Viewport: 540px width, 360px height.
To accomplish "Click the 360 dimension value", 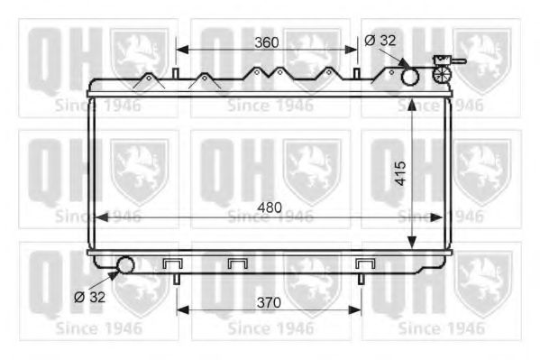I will pos(265,42).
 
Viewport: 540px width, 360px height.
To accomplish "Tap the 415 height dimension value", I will pos(400,171).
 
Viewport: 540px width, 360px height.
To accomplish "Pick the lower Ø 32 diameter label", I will pos(90,295).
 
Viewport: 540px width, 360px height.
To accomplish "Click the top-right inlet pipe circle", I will pos(410,77).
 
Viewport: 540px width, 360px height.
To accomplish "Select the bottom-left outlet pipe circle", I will pos(124,265).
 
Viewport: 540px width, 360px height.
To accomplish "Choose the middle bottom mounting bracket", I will pos(238,264).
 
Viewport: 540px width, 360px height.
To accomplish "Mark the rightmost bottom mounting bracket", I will pos(365,264).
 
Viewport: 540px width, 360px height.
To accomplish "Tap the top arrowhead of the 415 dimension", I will pos(411,101).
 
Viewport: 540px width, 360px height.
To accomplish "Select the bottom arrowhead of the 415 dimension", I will pos(411,243).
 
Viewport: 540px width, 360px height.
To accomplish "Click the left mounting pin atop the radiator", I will pos(175,72).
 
